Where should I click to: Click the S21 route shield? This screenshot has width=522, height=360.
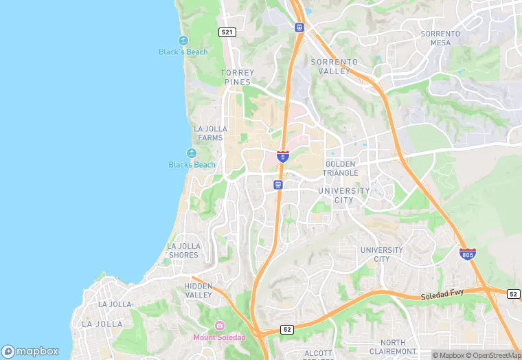[227, 32]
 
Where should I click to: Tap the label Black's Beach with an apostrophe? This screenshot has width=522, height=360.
[183, 52]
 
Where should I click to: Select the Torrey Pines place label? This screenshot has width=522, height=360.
[238, 77]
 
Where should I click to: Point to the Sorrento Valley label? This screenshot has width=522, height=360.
[334, 66]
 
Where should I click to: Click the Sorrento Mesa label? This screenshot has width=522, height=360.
[440, 38]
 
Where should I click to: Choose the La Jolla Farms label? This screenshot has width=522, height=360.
[208, 133]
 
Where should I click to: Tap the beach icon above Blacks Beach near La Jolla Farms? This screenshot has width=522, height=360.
[192, 153]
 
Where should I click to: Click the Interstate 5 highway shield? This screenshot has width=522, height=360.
[283, 156]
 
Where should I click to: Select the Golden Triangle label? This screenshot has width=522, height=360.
[341, 168]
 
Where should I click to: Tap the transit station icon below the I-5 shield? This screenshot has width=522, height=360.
[277, 184]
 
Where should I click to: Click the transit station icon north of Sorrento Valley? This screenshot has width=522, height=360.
[299, 27]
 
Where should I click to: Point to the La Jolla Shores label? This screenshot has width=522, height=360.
[183, 250]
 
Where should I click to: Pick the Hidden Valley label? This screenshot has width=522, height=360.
[198, 290]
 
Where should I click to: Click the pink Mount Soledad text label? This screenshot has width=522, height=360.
[219, 337]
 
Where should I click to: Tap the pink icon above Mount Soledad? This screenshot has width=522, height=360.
[219, 325]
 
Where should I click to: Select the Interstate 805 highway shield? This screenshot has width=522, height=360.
[468, 254]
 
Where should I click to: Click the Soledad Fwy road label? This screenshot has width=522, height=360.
[443, 295]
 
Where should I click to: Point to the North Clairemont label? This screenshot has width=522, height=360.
[393, 346]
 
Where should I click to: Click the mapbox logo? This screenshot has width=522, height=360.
[30, 350]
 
